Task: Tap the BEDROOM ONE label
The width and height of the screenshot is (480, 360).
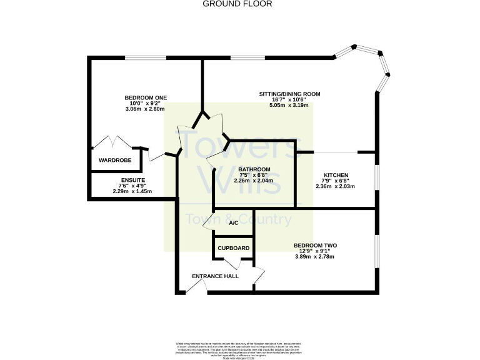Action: coord(146,97)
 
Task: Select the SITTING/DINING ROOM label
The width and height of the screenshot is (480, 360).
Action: coord(290,94)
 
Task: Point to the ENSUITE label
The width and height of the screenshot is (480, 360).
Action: coord(132,180)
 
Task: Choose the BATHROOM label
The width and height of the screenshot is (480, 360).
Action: coord(253,169)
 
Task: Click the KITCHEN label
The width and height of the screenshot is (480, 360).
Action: coord(336,175)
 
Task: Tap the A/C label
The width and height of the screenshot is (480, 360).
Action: coord(234,223)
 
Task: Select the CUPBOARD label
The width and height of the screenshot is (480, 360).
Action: coord(234,248)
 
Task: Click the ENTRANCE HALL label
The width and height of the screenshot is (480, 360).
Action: coord(216,276)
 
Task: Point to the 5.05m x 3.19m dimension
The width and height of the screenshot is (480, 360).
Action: coord(290,106)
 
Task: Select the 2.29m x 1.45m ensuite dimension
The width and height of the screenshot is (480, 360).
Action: coord(132,191)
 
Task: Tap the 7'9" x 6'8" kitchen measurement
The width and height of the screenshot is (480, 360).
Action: coord(336,181)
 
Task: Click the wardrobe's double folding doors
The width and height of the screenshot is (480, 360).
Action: coord(113,141)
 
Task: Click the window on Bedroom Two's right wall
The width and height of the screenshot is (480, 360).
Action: coord(376,251)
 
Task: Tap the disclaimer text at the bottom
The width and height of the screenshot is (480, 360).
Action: coord(239,347)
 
